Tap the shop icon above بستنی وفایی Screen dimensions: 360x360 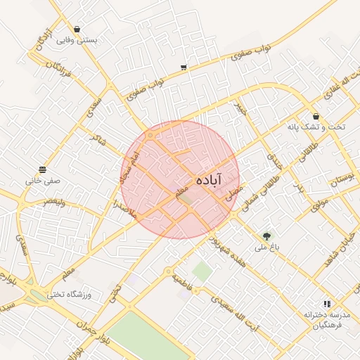coord(77,30)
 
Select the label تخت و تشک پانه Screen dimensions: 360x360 coord(316,127)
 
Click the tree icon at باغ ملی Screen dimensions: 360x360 coord(266,237)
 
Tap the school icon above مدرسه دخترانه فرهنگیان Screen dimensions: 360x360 coord(327,304)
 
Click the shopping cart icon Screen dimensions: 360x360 coord(184,67)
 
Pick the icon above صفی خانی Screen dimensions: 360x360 coord(43,169)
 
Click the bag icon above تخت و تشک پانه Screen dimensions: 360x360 coord(316,116)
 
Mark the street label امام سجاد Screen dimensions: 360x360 coord(131,167)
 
